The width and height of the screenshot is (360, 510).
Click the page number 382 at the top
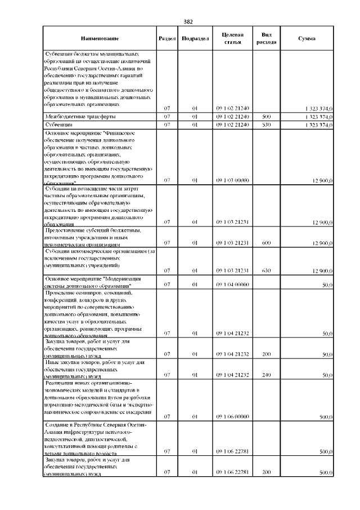(x=188, y=21)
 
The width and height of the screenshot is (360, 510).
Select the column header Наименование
(x=100, y=38)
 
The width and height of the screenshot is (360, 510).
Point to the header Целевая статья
(x=232, y=38)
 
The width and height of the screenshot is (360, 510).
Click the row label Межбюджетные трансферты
(x=73, y=116)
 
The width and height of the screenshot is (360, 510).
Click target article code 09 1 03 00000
(x=232, y=180)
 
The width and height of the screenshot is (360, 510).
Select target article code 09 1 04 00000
(x=232, y=285)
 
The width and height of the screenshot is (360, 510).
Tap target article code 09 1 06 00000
(x=232, y=417)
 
